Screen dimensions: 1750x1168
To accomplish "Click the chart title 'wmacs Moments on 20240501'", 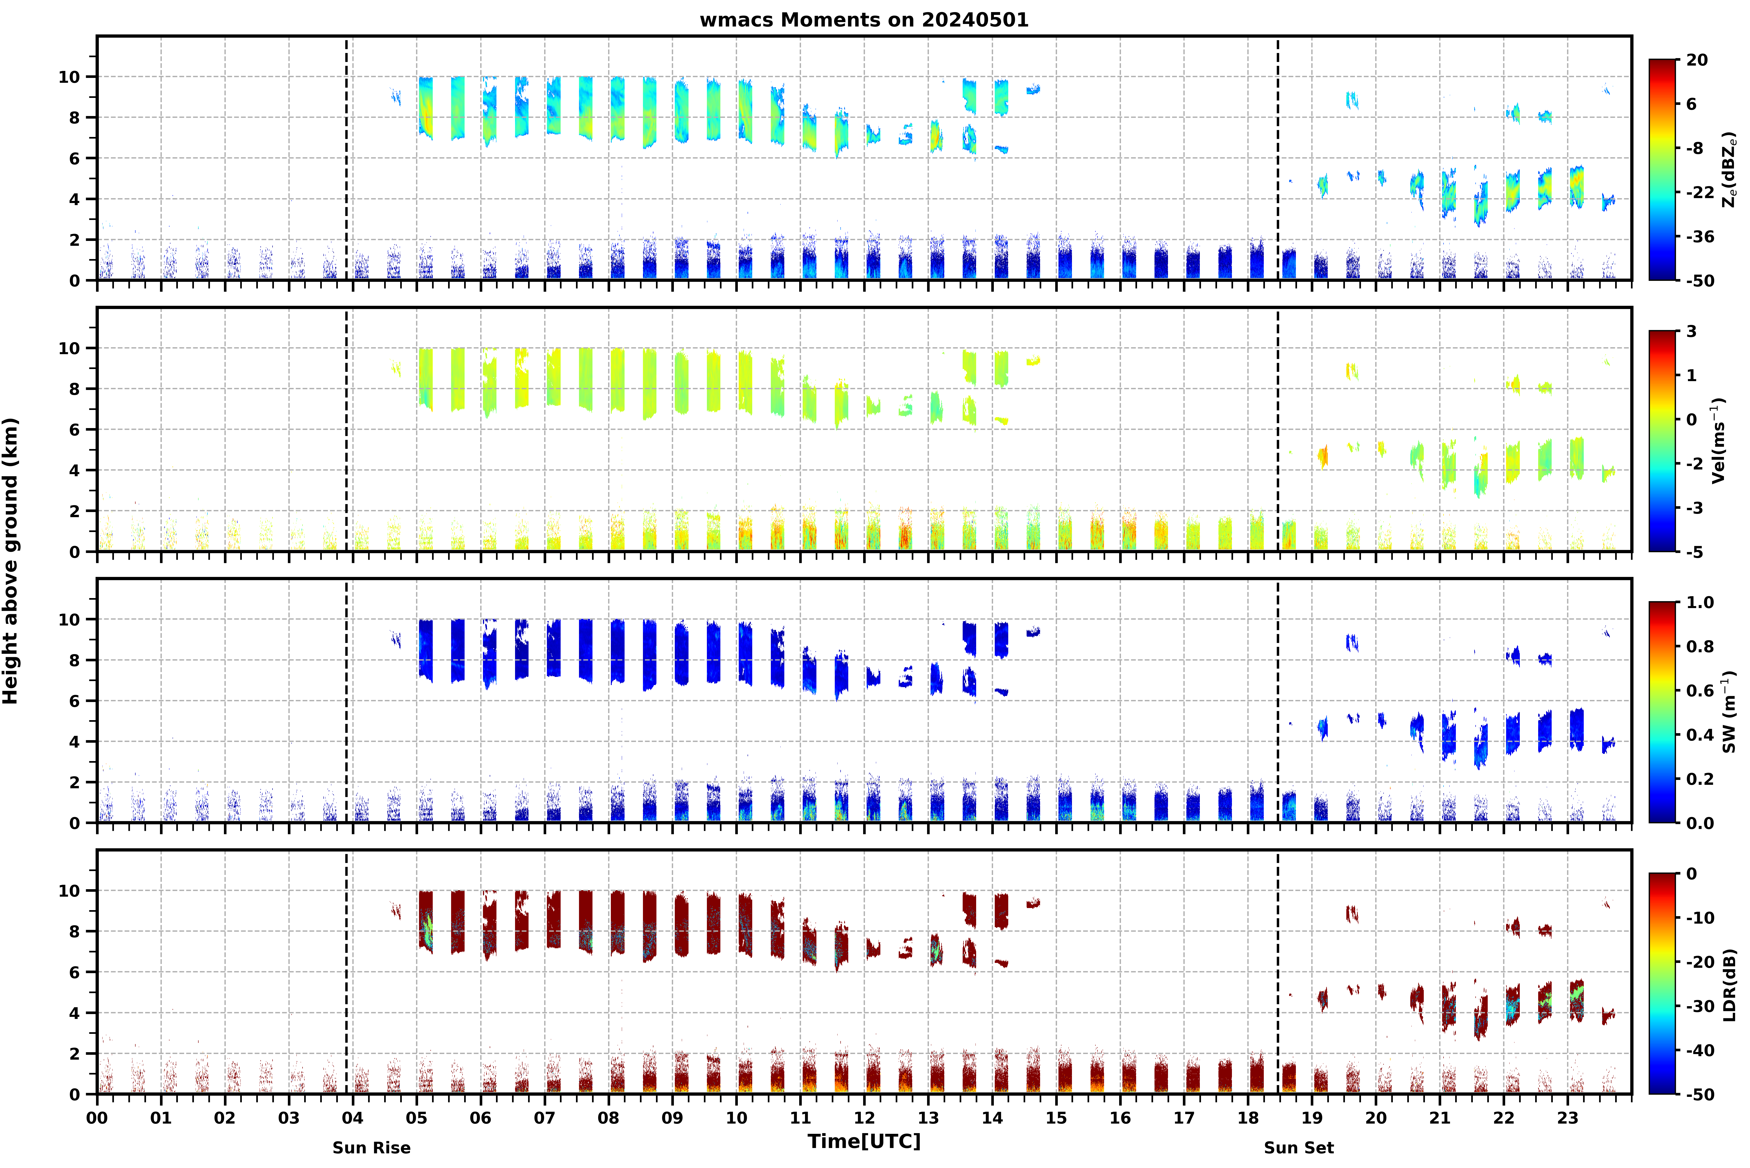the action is pos(864,20).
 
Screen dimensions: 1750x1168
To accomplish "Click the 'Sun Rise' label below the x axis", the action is pos(372,1148).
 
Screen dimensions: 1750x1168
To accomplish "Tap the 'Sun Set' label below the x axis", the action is pos(1299,1148).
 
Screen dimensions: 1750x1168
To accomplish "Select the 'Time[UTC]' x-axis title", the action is pos(864,1141).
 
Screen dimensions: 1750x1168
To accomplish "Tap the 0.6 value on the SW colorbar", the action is pos(1700,691).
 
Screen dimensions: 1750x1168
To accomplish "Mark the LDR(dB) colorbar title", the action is pos(1729,984).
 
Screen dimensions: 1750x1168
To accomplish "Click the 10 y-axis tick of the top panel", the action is pos(69,77).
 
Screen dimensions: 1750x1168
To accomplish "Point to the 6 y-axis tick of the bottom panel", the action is pos(74,972).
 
